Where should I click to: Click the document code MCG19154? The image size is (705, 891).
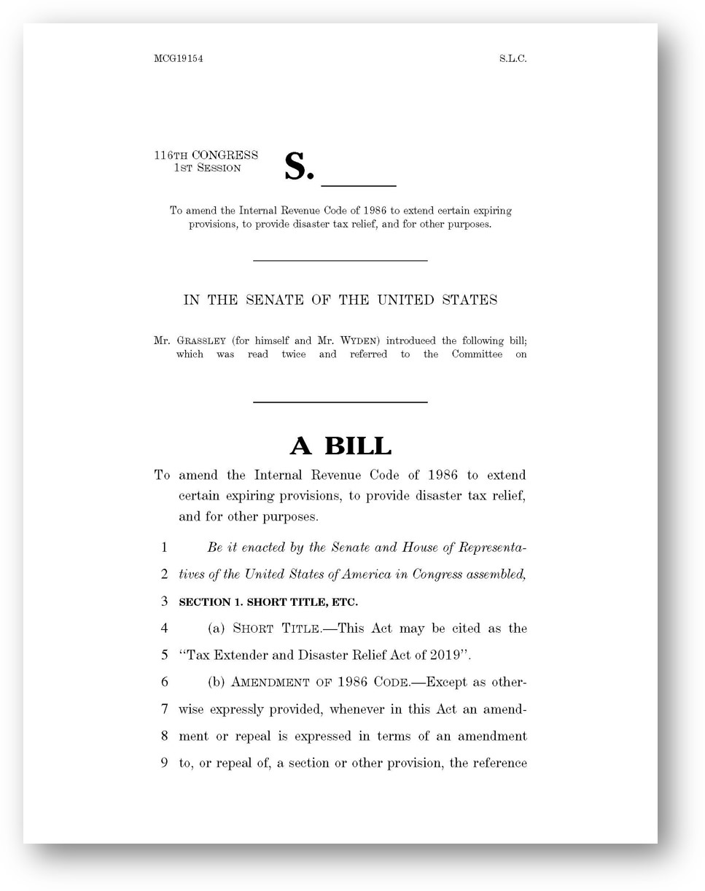coord(178,59)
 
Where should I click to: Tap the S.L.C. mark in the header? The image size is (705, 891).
coord(513,59)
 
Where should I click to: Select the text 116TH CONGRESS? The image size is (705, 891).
coord(206,155)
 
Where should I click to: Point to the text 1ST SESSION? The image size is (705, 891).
coord(207,168)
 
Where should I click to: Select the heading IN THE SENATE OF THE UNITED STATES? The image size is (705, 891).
coord(340,300)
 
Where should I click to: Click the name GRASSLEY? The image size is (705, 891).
coord(201,341)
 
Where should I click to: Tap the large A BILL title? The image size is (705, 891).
coord(340,445)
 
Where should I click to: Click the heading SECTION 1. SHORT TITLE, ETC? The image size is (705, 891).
coord(268,602)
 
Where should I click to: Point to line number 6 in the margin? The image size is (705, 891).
coord(165,682)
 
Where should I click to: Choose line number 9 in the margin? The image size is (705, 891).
coord(165,763)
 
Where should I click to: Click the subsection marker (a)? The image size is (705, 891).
coord(217,629)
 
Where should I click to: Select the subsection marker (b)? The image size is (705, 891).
coord(217,682)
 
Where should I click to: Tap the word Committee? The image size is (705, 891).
coord(477,354)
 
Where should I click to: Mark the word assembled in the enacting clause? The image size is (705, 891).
coord(497,575)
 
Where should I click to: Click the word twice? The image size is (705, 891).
coord(293,354)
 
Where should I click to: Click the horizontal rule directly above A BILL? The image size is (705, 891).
coord(340,402)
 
